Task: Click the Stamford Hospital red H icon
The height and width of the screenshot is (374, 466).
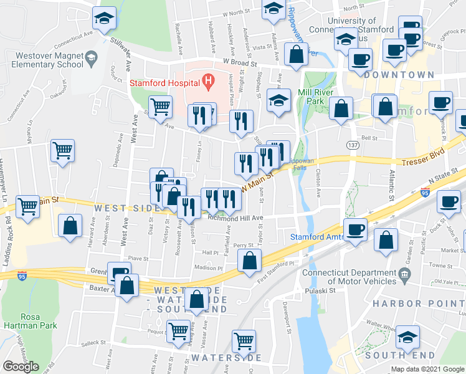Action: click(x=208, y=80)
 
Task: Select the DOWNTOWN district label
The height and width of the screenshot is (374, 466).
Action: click(x=399, y=74)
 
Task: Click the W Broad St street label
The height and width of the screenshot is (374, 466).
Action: click(x=240, y=63)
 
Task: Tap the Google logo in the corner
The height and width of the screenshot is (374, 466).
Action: click(x=21, y=367)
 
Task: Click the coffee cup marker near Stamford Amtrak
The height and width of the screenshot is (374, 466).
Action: click(x=356, y=229)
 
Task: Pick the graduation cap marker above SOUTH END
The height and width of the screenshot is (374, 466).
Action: click(x=407, y=337)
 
